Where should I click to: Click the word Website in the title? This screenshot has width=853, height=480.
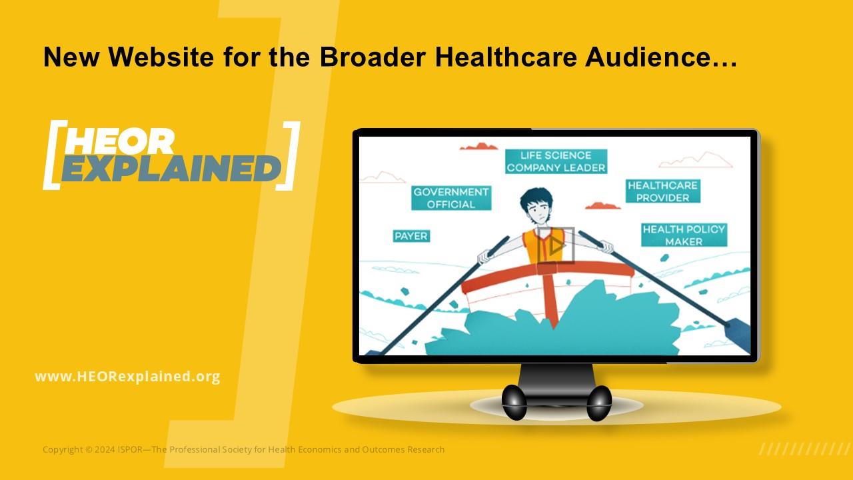click(161, 57)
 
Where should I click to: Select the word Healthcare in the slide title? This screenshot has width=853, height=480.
click(506, 57)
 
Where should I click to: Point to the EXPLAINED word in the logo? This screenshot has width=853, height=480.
click(171, 169)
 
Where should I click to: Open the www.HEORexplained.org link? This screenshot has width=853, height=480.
click(127, 377)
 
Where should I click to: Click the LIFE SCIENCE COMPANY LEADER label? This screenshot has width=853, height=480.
click(556, 161)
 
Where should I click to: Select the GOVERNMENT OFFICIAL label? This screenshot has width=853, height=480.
click(451, 198)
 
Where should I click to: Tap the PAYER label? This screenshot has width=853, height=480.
click(411, 236)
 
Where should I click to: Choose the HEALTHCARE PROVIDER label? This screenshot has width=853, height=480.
click(662, 191)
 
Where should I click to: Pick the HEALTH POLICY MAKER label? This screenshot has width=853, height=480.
click(684, 235)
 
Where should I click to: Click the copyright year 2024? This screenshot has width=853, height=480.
click(105, 449)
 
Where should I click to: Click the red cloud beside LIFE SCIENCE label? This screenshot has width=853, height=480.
click(478, 146)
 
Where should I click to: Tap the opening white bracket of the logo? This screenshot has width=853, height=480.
click(54, 155)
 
